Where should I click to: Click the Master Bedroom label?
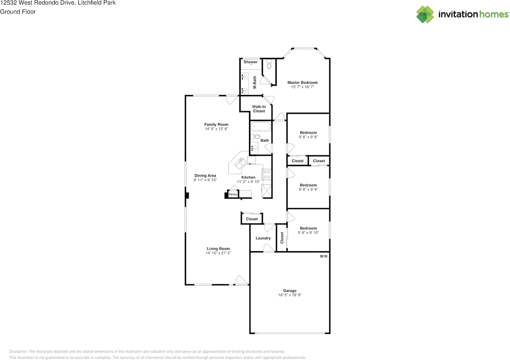(x=302, y=83)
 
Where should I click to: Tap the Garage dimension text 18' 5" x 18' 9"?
(x=290, y=295)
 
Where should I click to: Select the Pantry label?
(x=233, y=195)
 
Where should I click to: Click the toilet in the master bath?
(x=269, y=64)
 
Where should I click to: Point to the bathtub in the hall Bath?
(x=261, y=126)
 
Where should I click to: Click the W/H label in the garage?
(x=324, y=256)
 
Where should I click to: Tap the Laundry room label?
(x=263, y=238)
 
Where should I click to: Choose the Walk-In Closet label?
(x=259, y=109)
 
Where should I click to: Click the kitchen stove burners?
(x=267, y=174)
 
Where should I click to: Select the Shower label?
(x=251, y=62)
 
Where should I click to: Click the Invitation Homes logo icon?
(x=425, y=14)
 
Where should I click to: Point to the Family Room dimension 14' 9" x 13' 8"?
(x=216, y=129)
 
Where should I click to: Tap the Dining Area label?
(x=205, y=175)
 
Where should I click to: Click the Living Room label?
(x=218, y=249)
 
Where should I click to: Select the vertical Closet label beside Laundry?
(x=282, y=238)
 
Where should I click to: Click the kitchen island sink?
(x=240, y=163)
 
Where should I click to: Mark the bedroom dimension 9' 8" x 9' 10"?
(x=308, y=233)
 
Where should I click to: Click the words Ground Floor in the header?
(x=18, y=12)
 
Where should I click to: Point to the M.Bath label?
(x=255, y=82)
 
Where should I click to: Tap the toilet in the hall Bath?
(x=255, y=137)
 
